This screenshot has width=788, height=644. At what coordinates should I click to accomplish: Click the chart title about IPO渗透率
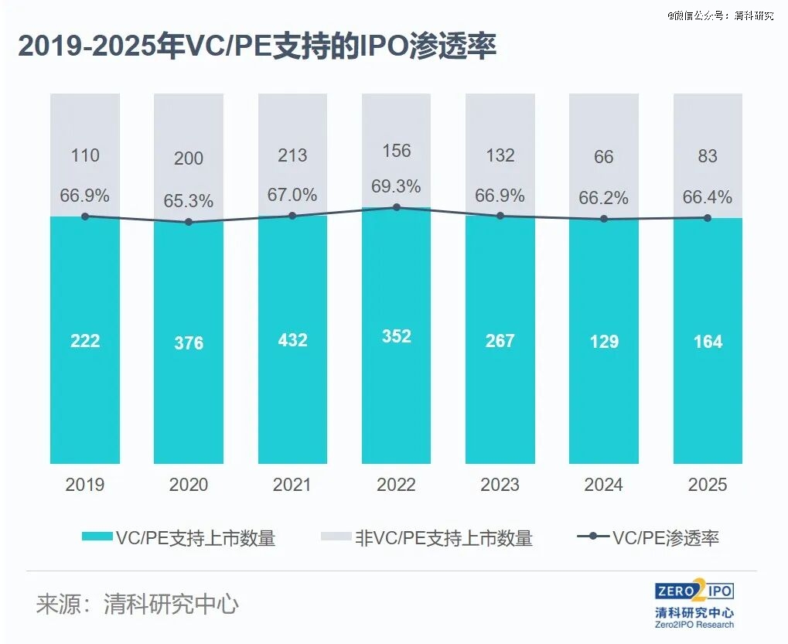point(257,47)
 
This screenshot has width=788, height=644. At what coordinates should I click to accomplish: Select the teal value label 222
point(85,340)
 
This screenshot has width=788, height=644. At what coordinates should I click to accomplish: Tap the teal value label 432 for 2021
point(292,340)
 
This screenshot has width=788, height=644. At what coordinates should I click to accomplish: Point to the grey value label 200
point(189,158)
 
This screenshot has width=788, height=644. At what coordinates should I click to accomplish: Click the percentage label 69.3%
point(397,186)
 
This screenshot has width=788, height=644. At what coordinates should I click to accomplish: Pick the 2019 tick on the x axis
point(85,485)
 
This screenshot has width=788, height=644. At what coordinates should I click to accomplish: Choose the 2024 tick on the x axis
point(604,485)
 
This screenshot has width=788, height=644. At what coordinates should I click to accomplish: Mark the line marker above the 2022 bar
point(397,207)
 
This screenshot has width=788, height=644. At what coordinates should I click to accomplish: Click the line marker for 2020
point(189,222)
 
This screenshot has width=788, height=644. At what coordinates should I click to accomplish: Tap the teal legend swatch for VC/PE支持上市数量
point(96,538)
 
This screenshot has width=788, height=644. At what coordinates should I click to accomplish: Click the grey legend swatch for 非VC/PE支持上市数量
point(335,538)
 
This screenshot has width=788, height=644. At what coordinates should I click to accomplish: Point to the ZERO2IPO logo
point(694,592)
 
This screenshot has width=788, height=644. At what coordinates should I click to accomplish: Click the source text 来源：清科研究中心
point(137,604)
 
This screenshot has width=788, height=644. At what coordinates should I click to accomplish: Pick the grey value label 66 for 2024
point(604,157)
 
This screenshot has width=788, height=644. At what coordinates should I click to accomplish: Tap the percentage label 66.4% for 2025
point(708,198)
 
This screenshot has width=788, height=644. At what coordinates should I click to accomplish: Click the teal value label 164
point(708,342)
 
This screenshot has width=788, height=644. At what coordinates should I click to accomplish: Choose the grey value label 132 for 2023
point(500,155)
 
